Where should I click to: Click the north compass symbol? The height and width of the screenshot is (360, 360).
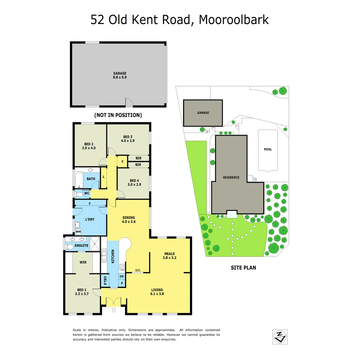tap(280, 337)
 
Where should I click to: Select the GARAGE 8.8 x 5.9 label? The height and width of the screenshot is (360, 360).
tap(120, 75)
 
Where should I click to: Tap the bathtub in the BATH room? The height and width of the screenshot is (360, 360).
tap(79, 180)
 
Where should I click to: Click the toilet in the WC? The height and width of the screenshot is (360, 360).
tap(79, 194)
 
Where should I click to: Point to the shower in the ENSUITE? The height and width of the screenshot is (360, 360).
tap(94, 243)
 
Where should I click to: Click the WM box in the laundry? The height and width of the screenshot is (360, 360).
tap(78, 231)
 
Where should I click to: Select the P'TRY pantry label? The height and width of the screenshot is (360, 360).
tap(105, 281)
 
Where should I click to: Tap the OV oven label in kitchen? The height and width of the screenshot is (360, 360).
tap(122, 276)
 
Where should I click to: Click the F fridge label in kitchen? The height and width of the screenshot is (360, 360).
tap(122, 284)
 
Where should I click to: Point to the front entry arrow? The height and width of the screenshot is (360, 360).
tap(114, 310)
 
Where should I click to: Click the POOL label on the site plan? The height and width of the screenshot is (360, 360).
tap(268, 149)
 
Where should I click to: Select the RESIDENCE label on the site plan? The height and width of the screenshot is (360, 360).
tap(231, 177)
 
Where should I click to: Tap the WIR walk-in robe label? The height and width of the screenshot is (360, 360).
tap(83, 262)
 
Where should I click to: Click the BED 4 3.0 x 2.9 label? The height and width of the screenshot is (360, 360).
tap(134, 183)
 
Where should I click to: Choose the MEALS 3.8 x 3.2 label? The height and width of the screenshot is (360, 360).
tap(169, 255)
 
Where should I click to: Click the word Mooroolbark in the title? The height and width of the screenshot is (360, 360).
tap(233, 20)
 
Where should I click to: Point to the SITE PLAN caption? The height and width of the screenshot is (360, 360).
tap(243, 267)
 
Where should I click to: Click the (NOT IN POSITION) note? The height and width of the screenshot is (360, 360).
tap(118, 115)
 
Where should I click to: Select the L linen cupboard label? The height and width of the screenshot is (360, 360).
tap(104, 177)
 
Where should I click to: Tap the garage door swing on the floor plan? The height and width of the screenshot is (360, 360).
tap(129, 102)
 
